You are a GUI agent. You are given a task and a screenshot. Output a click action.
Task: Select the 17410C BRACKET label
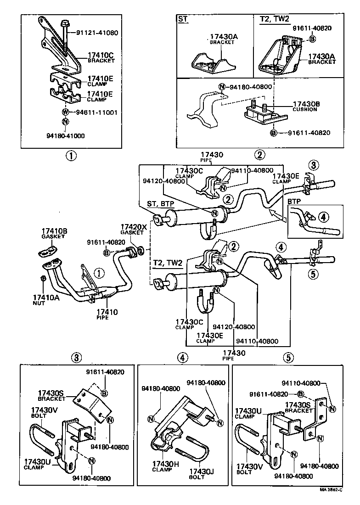100,58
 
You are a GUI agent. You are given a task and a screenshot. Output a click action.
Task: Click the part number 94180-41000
65,136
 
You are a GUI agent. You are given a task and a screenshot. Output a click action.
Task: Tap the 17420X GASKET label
133,229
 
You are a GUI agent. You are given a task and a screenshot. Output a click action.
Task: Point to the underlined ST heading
183,19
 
